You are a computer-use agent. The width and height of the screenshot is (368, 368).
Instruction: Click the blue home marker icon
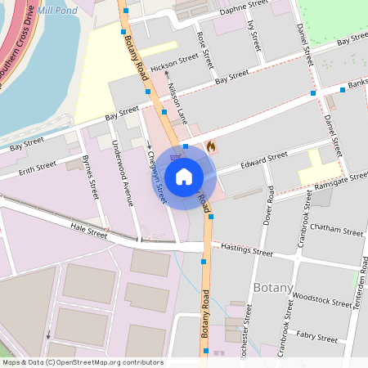pyautogui.click(x=184, y=177)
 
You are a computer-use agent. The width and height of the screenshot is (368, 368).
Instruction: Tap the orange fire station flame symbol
pyautogui.click(x=211, y=147)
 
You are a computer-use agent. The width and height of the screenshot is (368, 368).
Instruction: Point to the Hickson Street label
pyautogui.click(x=174, y=61)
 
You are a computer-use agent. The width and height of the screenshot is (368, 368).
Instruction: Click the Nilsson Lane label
pyautogui.click(x=177, y=97)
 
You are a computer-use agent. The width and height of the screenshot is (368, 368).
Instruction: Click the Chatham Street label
pyautogui.click(x=336, y=232)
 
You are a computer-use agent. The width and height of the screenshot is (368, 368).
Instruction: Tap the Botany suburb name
pyautogui.click(x=273, y=287)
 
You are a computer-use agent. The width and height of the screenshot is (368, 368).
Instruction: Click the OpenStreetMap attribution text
pyautogui.click(x=82, y=362)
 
